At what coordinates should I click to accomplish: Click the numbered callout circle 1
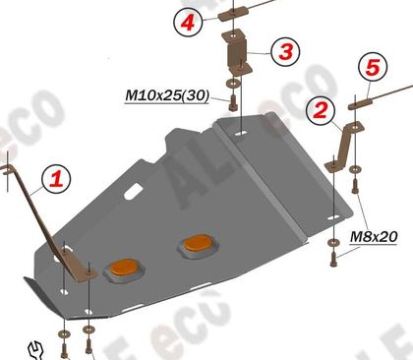click(x=56, y=179)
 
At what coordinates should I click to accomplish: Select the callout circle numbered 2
click(x=321, y=110)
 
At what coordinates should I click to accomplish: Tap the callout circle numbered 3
click(x=285, y=52)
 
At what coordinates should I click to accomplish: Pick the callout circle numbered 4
click(x=188, y=23)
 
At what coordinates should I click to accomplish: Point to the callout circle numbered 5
click(x=373, y=67)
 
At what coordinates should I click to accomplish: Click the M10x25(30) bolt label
click(x=167, y=95)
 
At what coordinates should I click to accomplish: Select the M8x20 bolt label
click(x=374, y=236)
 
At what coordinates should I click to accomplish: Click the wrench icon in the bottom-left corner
click(x=35, y=351)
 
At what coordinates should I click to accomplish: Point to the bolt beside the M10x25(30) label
click(x=233, y=103)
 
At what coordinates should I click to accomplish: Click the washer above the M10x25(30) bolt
click(x=233, y=83)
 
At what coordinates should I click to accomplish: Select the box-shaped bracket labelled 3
click(x=237, y=52)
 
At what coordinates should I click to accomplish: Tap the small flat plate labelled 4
click(x=233, y=16)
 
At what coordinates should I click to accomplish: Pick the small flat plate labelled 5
click(x=360, y=104)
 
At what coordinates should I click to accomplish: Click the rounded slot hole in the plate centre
click(x=133, y=192)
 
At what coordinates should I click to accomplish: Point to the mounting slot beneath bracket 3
click(x=241, y=134)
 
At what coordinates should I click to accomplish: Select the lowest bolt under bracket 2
click(x=333, y=259)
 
